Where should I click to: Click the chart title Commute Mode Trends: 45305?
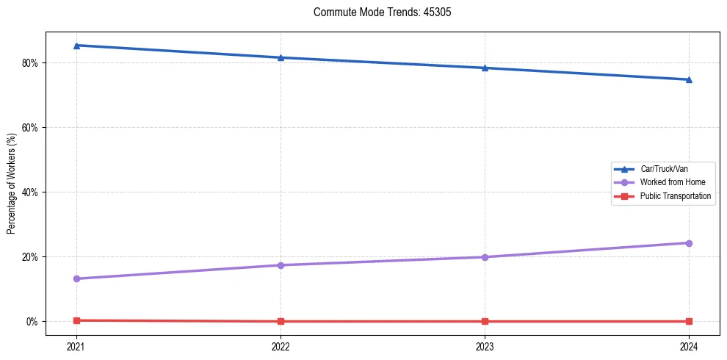click(377, 12)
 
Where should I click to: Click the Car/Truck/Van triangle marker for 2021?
click(76, 46)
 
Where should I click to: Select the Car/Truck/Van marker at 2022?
click(281, 57)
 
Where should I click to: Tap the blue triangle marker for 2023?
click(485, 68)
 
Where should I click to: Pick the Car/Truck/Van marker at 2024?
click(689, 79)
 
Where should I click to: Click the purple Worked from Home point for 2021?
click(76, 278)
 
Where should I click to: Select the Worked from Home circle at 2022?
click(281, 265)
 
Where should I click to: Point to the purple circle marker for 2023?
click(485, 257)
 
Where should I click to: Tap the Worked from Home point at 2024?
click(689, 243)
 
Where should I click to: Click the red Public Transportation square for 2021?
click(76, 320)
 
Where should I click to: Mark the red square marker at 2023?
click(485, 321)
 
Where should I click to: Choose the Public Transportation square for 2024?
click(689, 321)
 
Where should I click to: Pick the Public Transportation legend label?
click(675, 196)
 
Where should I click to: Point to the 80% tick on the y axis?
click(31, 62)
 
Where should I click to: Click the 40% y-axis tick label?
click(31, 192)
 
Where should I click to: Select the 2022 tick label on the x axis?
click(281, 345)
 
